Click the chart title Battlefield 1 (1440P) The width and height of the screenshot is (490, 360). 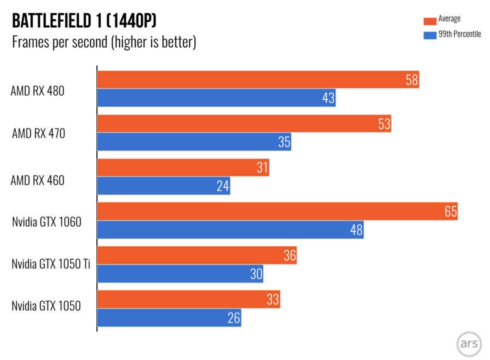click(x=84, y=21)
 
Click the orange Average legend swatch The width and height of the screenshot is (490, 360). click(x=430, y=20)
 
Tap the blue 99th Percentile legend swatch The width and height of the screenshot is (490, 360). click(x=430, y=35)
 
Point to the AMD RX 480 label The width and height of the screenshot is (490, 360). click(x=38, y=91)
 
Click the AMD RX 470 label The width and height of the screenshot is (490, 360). click(x=39, y=132)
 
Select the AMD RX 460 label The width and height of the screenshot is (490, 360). click(x=38, y=180)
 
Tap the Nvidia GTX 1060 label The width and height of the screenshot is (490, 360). click(x=46, y=222)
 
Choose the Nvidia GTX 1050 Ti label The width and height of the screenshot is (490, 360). click(x=51, y=264)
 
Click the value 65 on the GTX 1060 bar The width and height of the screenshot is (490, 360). click(x=450, y=211)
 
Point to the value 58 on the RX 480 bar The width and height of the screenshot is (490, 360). click(x=412, y=80)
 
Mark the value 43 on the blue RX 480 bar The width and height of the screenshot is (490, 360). click(x=328, y=98)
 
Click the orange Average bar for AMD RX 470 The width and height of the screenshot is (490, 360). click(x=244, y=124)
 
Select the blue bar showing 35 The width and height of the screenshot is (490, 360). click(x=194, y=142)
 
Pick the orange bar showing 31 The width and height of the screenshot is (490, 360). click(x=183, y=167)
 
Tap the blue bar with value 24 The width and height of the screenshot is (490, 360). click(x=163, y=186)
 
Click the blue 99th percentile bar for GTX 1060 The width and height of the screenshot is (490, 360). click(x=230, y=230)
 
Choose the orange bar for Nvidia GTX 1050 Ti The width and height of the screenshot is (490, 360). click(x=197, y=255)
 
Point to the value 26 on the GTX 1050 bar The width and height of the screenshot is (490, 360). click(x=234, y=318)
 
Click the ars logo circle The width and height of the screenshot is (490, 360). click(x=469, y=343)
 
